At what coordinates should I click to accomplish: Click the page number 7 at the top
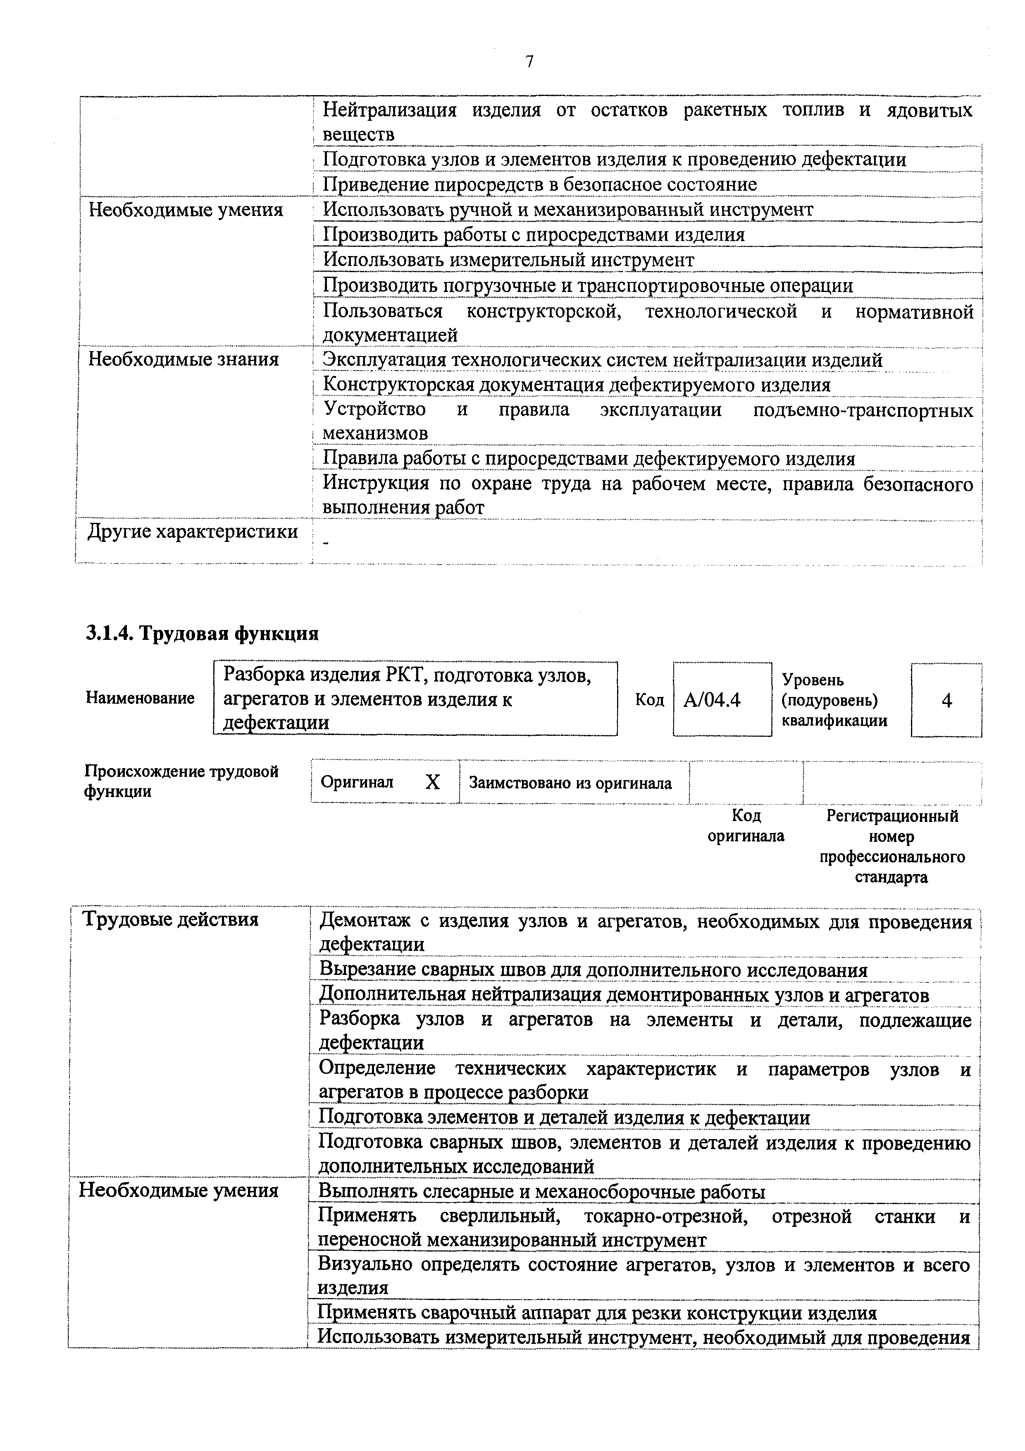tap(529, 61)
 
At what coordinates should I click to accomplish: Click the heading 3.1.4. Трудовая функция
tap(202, 633)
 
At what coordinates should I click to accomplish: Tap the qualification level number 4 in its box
tap(946, 700)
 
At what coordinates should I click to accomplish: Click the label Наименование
tap(140, 698)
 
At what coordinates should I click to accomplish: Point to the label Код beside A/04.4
tap(649, 700)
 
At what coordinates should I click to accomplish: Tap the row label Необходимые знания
tap(183, 359)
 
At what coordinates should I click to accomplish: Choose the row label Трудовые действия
tap(171, 919)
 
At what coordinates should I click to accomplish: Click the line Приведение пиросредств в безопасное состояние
tap(540, 184)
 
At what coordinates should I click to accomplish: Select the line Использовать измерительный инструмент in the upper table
tap(508, 260)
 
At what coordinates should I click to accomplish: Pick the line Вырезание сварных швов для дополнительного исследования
tap(593, 970)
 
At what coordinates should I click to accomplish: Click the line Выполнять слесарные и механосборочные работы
tap(542, 1192)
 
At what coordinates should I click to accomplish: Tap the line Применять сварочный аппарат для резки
tap(597, 1313)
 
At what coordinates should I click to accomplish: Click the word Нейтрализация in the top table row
tap(390, 110)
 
